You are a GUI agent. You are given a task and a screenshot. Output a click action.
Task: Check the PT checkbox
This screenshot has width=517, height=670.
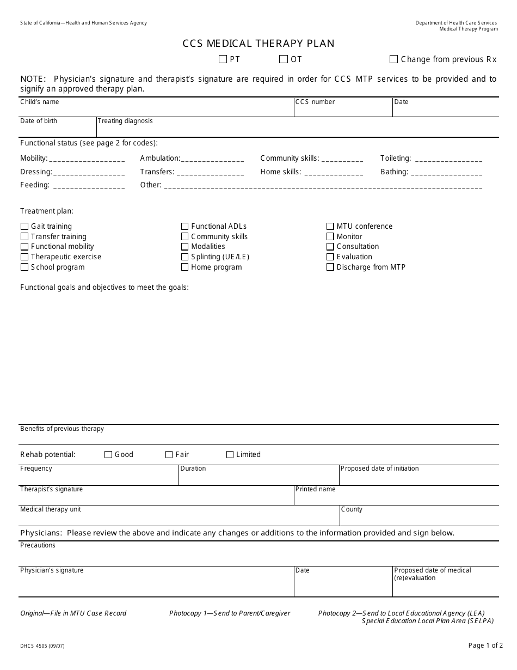(x=223, y=59)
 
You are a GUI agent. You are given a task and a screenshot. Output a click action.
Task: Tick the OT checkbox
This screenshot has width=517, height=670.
(x=284, y=59)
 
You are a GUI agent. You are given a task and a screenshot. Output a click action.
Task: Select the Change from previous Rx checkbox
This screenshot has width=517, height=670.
(x=394, y=59)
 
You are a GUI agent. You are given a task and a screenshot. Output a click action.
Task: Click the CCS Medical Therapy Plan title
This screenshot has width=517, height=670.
(x=258, y=44)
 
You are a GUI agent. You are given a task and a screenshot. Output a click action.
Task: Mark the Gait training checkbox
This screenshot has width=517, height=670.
(x=24, y=227)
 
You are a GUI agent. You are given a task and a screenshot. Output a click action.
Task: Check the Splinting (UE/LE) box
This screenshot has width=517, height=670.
(x=185, y=257)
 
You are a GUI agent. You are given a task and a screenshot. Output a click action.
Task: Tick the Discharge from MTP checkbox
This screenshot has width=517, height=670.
(x=330, y=267)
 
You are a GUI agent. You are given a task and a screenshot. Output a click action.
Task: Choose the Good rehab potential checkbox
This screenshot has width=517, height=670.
(x=108, y=455)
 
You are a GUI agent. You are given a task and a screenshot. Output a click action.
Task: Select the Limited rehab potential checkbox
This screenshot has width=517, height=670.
(x=230, y=455)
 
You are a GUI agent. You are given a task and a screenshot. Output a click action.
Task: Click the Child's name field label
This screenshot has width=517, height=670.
(x=40, y=102)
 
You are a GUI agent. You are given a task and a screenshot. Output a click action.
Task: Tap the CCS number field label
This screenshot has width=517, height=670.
(x=315, y=102)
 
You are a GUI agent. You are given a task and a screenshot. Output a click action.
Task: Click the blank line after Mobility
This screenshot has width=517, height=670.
(x=87, y=160)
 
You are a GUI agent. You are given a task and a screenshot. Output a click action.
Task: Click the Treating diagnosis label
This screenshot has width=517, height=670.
(x=125, y=121)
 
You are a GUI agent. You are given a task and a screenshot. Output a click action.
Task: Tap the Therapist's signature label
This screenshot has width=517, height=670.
(x=52, y=489)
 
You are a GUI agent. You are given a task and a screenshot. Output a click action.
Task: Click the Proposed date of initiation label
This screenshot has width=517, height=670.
(x=379, y=468)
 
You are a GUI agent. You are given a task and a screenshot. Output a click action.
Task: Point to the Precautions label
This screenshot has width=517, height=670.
(x=38, y=545)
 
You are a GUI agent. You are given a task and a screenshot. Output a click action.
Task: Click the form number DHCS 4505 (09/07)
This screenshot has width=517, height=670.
(x=42, y=646)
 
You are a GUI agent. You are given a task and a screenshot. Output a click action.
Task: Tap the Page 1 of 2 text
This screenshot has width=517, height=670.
(x=485, y=645)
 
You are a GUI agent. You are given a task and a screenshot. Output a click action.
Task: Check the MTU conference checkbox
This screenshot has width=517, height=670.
(x=330, y=227)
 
